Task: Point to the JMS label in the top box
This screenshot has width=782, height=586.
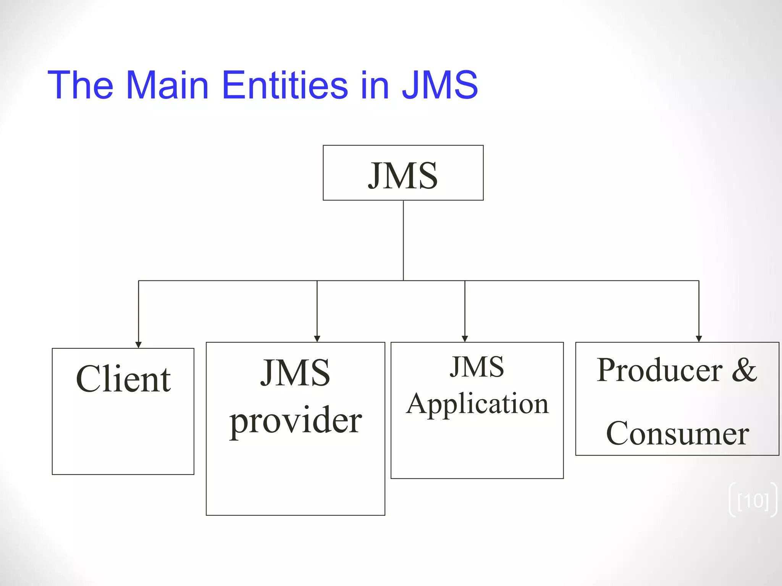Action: click(x=403, y=175)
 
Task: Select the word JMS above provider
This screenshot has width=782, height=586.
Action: click(x=295, y=373)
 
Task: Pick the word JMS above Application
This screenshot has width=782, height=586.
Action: click(x=477, y=367)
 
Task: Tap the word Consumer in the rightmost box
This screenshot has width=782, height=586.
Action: click(x=677, y=433)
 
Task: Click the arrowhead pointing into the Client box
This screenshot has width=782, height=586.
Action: click(x=139, y=345)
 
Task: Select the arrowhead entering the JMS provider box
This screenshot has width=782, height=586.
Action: click(x=317, y=339)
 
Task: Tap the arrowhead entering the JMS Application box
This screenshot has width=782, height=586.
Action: click(x=465, y=339)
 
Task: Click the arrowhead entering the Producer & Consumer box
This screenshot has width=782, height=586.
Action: click(x=699, y=339)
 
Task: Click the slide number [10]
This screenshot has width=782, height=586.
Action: click(x=753, y=501)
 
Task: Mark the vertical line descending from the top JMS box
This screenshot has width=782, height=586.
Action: click(x=403, y=240)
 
